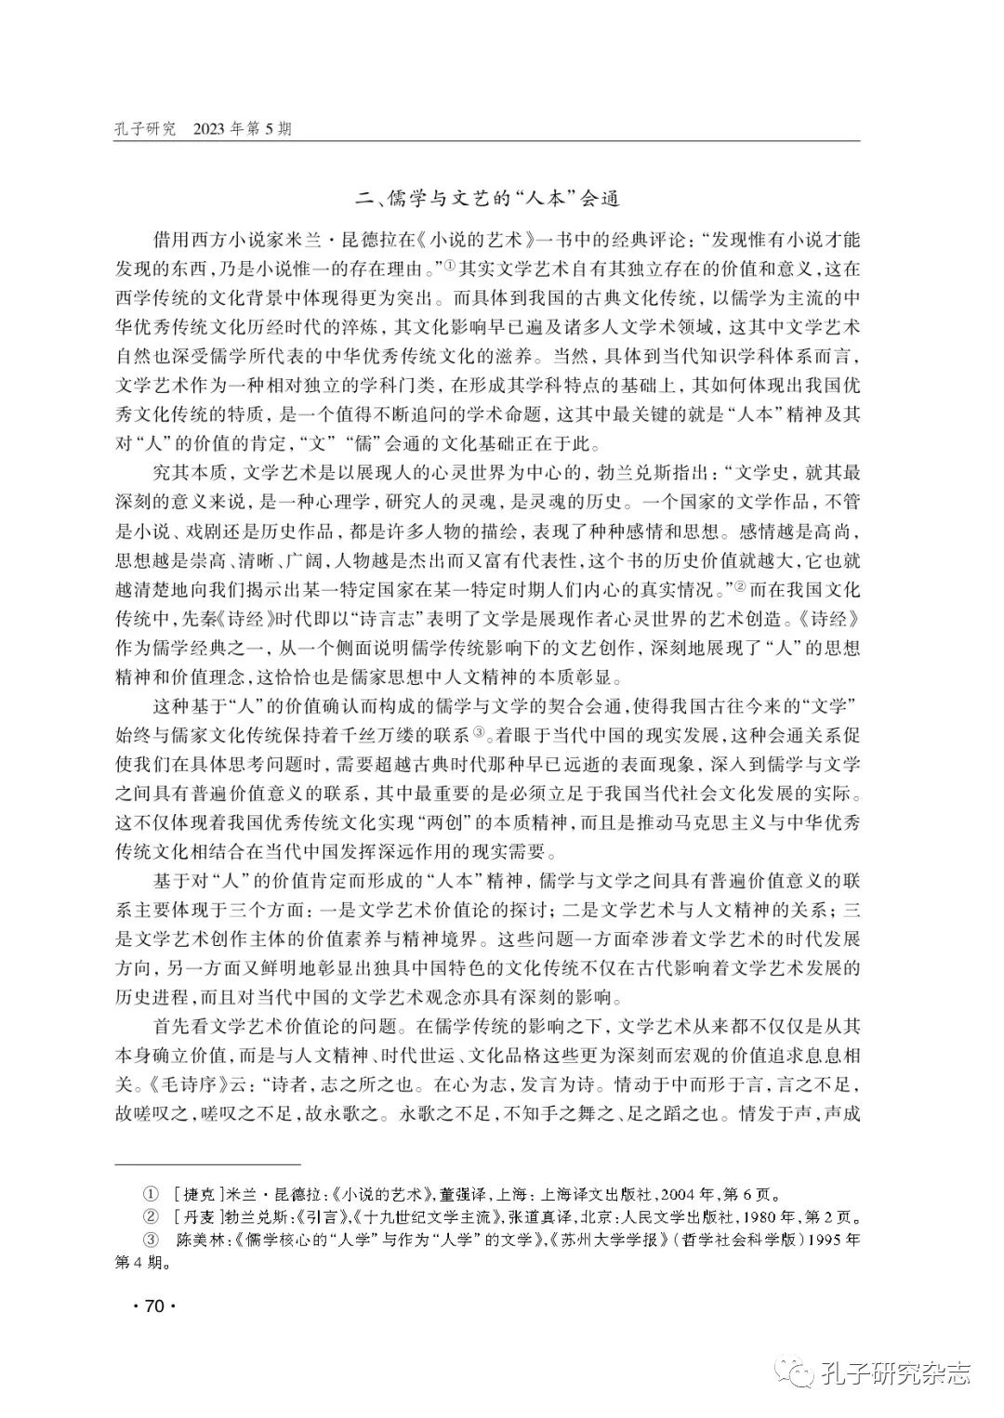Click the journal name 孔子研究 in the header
point(144,129)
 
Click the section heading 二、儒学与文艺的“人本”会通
point(489,198)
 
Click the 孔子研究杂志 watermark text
point(896,1370)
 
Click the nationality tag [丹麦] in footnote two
point(195,1216)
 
